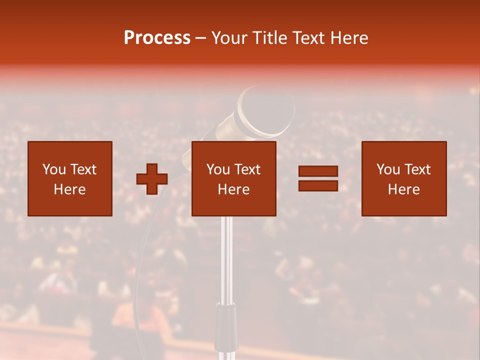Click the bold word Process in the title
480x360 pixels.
(x=157, y=38)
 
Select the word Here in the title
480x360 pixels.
(x=347, y=38)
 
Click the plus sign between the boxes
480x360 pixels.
(x=152, y=179)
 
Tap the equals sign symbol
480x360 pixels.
(x=318, y=178)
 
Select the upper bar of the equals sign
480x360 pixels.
(x=318, y=171)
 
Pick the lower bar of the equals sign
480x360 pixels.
(x=318, y=185)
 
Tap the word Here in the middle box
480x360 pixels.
(x=234, y=189)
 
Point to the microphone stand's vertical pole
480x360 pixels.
(x=227, y=260)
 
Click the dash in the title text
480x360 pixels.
(x=201, y=38)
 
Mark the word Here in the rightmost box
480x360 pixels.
(x=404, y=189)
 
